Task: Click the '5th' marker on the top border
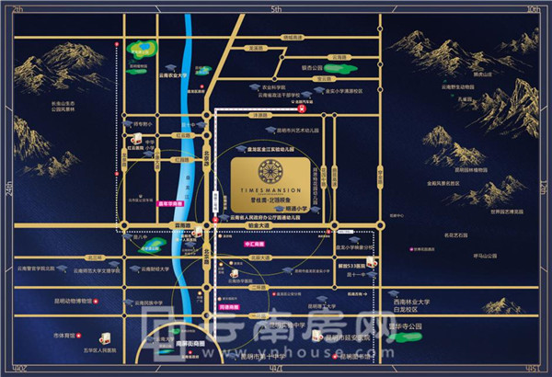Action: click(x=275, y=8)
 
